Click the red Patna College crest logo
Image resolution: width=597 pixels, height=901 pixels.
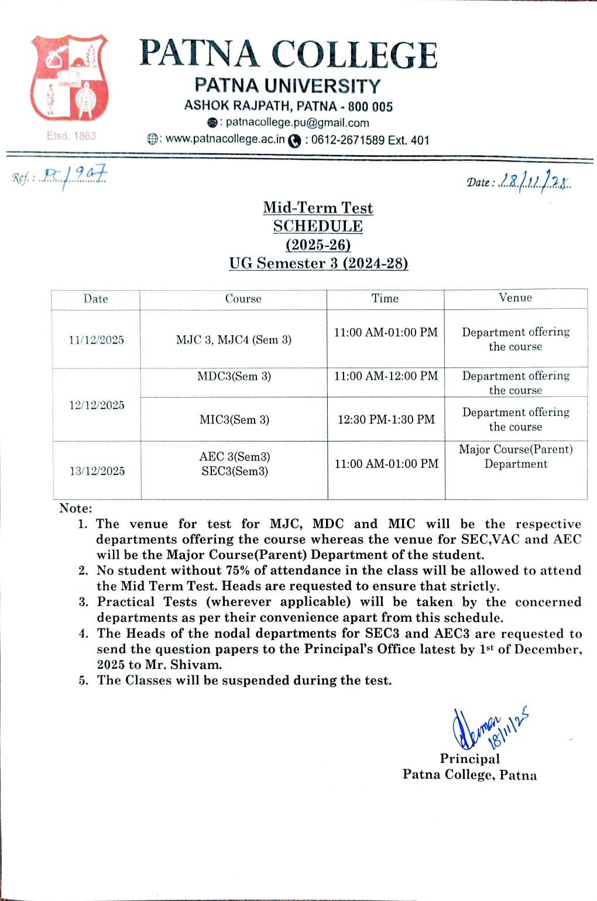(x=70, y=78)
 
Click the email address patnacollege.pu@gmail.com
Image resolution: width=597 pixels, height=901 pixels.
(x=297, y=123)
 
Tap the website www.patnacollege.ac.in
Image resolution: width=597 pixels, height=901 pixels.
(x=225, y=139)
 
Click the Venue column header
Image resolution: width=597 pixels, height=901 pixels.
(x=515, y=298)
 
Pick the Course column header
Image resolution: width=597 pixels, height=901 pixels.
(x=243, y=299)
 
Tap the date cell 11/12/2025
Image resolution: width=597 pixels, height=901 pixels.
(x=96, y=340)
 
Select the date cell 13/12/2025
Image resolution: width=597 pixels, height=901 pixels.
(x=97, y=471)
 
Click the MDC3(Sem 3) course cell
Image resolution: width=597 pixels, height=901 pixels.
(x=234, y=376)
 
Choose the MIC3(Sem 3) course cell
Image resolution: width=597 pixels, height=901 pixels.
(x=234, y=419)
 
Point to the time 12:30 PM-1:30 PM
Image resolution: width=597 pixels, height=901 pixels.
(x=386, y=419)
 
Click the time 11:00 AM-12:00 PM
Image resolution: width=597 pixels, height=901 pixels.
(x=386, y=376)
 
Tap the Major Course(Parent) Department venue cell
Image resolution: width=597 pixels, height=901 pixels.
(x=516, y=456)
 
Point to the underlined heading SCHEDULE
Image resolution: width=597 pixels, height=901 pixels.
(x=318, y=226)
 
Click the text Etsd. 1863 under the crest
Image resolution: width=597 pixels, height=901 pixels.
(x=71, y=136)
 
